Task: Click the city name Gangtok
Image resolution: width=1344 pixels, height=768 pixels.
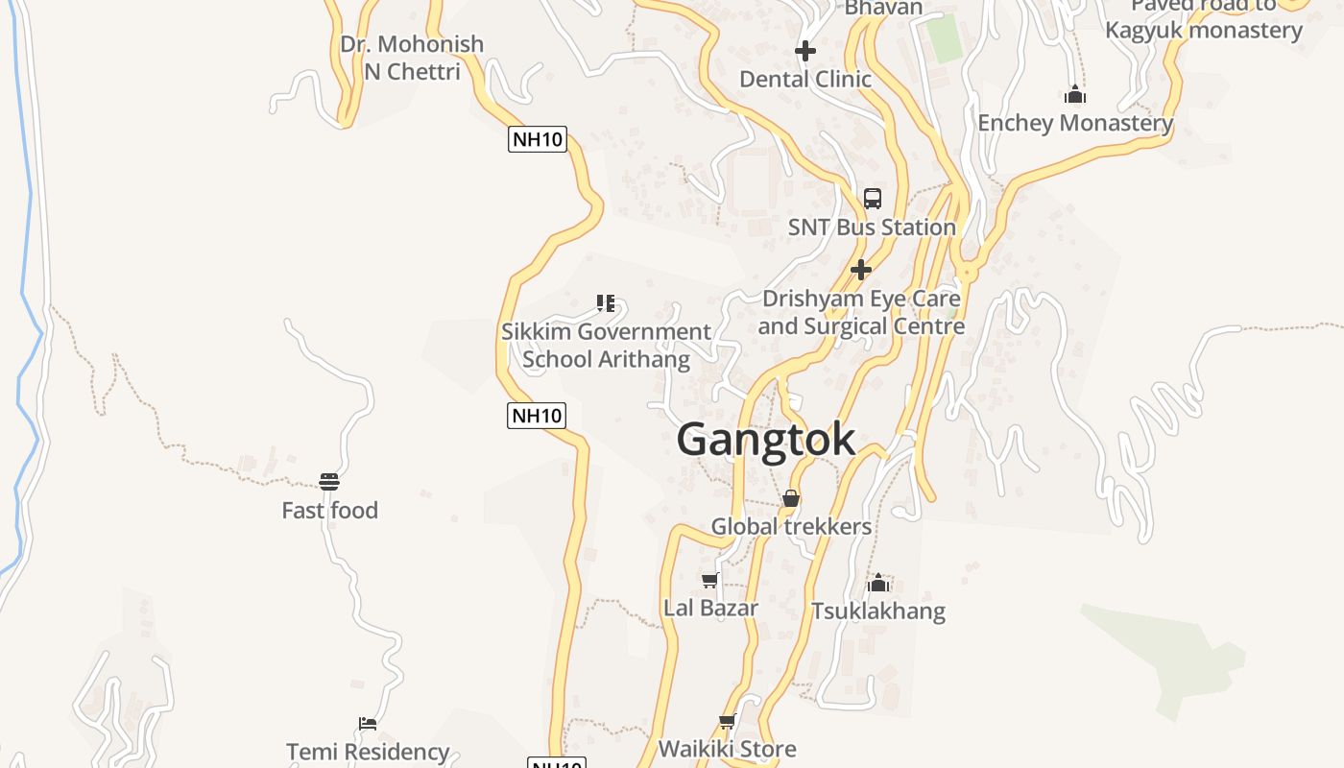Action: (766, 440)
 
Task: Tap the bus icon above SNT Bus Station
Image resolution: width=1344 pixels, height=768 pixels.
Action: (872, 199)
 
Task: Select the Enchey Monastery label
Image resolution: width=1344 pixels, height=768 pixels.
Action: (1075, 123)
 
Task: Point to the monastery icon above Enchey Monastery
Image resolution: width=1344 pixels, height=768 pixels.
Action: (1075, 94)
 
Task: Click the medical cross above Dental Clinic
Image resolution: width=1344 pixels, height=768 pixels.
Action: (804, 50)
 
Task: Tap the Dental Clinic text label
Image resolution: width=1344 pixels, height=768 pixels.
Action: (804, 79)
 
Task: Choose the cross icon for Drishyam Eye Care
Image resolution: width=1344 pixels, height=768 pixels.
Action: (861, 269)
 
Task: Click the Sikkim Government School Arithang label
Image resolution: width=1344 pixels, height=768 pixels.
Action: (606, 346)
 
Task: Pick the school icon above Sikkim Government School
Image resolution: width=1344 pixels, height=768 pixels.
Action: (606, 304)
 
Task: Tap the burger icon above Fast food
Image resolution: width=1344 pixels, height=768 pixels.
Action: (329, 481)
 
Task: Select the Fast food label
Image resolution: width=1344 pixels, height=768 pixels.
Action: (329, 510)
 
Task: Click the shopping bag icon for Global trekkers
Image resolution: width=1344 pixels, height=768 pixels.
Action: (791, 498)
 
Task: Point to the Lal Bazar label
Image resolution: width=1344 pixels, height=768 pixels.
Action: (710, 608)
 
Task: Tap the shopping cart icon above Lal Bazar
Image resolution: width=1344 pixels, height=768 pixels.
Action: (710, 580)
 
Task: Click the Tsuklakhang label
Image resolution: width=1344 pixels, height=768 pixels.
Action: (878, 611)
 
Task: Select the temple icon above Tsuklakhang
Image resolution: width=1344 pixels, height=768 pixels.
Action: (878, 583)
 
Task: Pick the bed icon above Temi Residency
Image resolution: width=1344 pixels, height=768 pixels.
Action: (368, 723)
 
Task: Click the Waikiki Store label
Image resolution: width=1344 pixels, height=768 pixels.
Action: (727, 749)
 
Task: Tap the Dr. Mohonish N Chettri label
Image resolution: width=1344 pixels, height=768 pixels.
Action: (412, 58)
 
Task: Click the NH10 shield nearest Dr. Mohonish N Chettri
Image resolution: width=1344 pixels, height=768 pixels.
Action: (537, 139)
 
